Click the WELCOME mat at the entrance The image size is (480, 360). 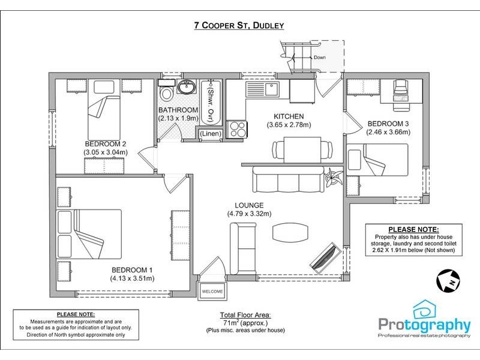212,292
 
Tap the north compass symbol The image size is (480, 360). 448,280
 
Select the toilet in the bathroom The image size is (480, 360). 166,91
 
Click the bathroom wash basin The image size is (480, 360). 187,86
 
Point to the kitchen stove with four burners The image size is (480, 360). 236,129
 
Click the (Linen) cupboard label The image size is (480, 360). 211,133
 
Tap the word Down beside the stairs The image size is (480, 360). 320,57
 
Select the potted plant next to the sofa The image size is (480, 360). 334,177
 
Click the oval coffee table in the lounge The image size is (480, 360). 290,232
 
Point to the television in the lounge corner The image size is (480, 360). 325,257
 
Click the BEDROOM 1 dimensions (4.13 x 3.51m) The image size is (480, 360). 132,278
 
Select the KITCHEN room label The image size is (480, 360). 289,116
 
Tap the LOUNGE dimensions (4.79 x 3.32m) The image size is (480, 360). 249,214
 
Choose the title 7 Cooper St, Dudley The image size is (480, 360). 239,25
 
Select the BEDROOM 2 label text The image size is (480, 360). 106,144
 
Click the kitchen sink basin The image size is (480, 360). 272,89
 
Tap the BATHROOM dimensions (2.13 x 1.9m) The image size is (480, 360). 178,118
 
